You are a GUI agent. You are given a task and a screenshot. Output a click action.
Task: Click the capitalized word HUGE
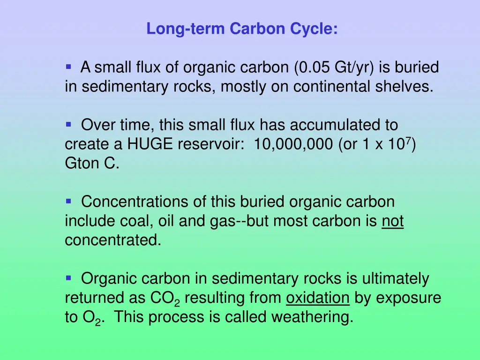coord(151,144)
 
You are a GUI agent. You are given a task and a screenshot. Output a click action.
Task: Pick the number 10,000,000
coord(293,144)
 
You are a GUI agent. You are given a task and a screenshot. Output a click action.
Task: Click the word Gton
coord(81,164)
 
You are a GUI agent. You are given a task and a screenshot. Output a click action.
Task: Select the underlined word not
coord(393,221)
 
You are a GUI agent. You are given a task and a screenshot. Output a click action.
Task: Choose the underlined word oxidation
coord(318,298)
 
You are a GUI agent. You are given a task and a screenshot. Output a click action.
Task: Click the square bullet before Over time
coord(68,125)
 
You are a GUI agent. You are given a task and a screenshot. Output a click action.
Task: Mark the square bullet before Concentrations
coord(68,202)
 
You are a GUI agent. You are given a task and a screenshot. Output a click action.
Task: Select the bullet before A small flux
coord(68,67)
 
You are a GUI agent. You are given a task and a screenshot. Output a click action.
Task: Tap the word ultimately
coord(396,279)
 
